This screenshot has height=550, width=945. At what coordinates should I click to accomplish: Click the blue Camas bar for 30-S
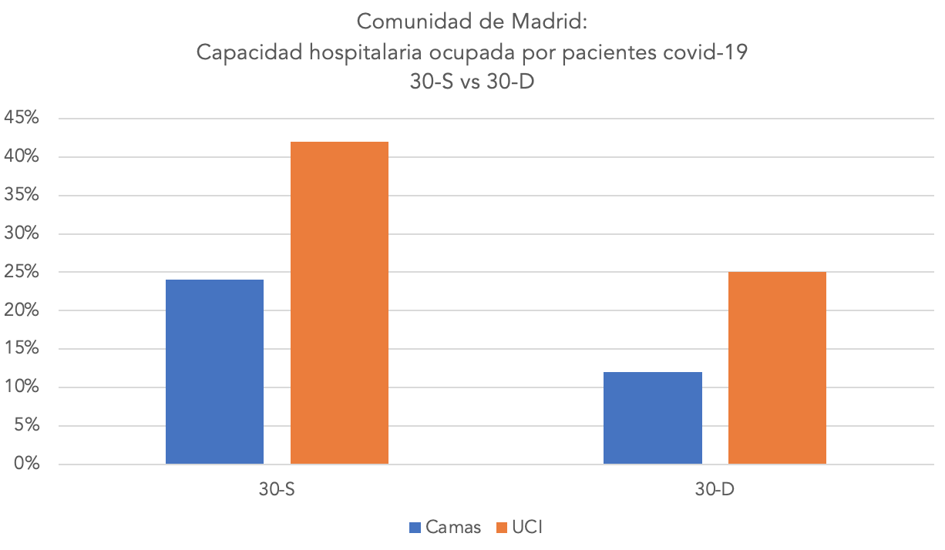[x=214, y=372]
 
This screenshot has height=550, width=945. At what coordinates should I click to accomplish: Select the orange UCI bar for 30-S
[x=339, y=303]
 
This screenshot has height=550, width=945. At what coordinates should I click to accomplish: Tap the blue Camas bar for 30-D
[x=652, y=418]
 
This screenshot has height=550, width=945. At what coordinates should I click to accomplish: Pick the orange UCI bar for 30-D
[x=777, y=368]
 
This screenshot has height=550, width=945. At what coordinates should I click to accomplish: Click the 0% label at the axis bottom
[x=25, y=464]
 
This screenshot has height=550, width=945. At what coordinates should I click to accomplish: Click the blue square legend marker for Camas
[x=415, y=528]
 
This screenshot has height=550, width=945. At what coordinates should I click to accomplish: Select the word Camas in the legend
[x=454, y=528]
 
